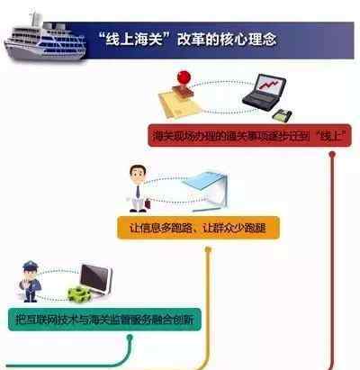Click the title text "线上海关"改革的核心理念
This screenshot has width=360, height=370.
(187, 40)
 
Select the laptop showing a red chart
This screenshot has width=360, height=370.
(264, 91)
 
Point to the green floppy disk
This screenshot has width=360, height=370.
(283, 115)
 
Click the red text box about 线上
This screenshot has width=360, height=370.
(249, 136)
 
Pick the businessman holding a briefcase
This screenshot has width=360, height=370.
(138, 188)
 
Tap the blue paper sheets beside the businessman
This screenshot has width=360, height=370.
(205, 190)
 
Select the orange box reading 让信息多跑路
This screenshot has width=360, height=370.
(198, 228)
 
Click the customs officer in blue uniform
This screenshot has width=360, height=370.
(30, 281)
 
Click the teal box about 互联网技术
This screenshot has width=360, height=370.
(104, 320)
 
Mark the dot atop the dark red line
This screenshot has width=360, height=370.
(332, 154)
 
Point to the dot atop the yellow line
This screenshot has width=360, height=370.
(208, 249)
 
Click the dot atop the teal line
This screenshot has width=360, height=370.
(130, 338)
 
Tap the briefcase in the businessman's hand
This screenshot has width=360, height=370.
(148, 203)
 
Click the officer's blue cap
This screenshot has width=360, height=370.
(30, 266)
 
